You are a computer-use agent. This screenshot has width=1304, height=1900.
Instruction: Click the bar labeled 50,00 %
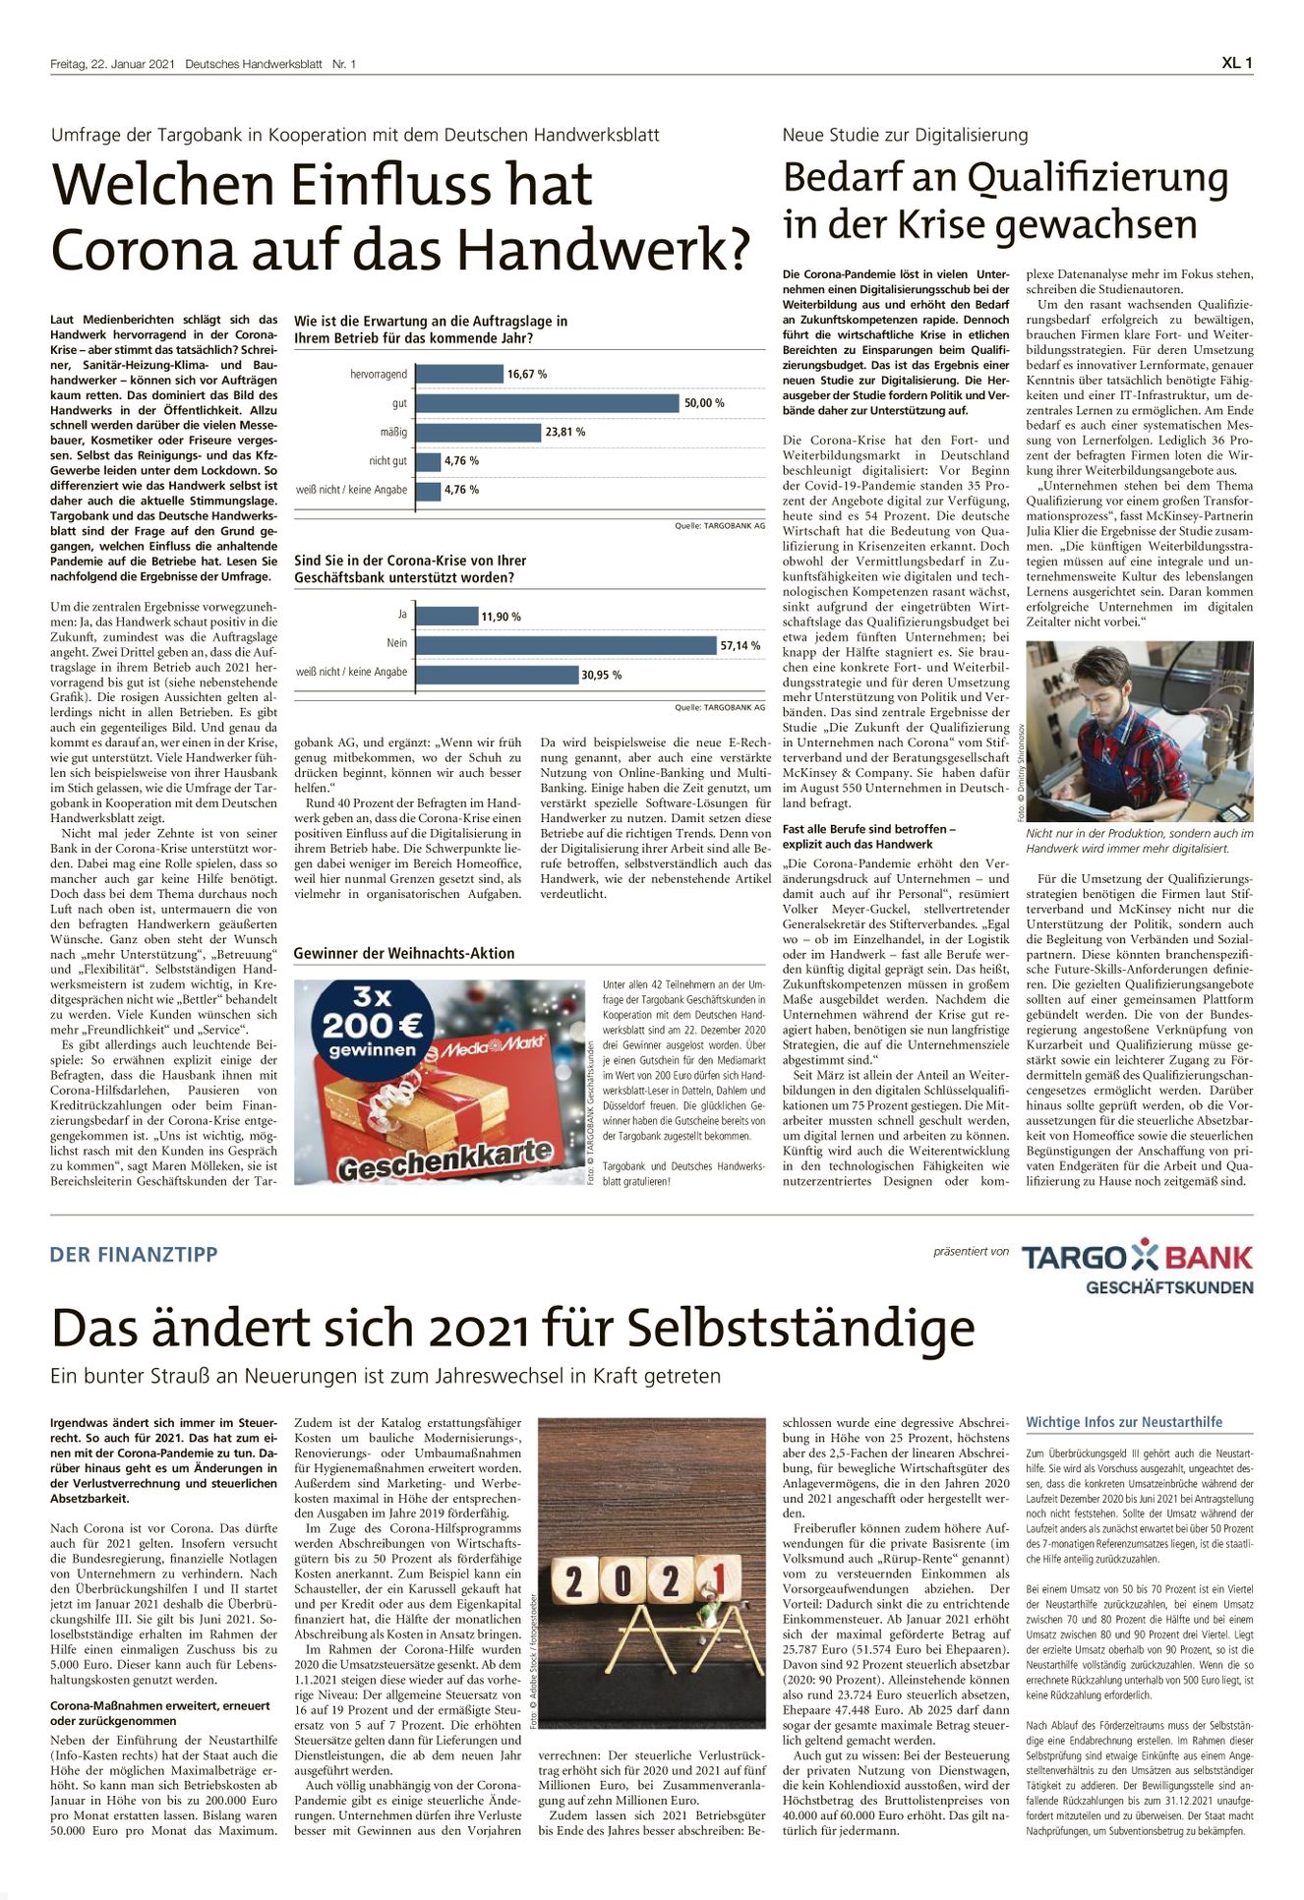[x=547, y=403]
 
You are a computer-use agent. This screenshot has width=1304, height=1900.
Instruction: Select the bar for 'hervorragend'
[x=459, y=374]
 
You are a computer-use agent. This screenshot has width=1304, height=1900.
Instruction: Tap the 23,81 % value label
[x=565, y=432]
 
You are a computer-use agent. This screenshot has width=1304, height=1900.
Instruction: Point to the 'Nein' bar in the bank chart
[x=565, y=644]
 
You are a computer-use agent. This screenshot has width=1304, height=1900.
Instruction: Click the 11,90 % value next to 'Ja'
[x=501, y=617]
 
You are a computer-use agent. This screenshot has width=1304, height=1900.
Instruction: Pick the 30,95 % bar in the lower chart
[x=497, y=674]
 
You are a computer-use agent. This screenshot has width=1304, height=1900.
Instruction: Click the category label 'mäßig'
[x=393, y=432]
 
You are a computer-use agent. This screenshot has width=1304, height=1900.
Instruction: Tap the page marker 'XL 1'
[x=1236, y=63]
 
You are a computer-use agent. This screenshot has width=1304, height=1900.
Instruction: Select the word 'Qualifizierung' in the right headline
[x=1097, y=179]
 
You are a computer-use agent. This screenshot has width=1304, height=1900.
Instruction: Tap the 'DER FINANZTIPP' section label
[x=134, y=1254]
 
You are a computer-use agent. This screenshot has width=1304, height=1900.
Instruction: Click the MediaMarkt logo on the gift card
[x=493, y=1048]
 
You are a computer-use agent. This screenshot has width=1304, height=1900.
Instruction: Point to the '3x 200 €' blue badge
[x=374, y=1023]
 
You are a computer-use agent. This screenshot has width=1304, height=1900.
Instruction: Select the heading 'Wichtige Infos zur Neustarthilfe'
[x=1124, y=1422]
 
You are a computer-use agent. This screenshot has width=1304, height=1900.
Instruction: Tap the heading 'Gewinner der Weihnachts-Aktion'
[x=404, y=953]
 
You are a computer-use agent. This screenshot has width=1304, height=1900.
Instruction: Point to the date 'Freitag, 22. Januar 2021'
[x=112, y=64]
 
